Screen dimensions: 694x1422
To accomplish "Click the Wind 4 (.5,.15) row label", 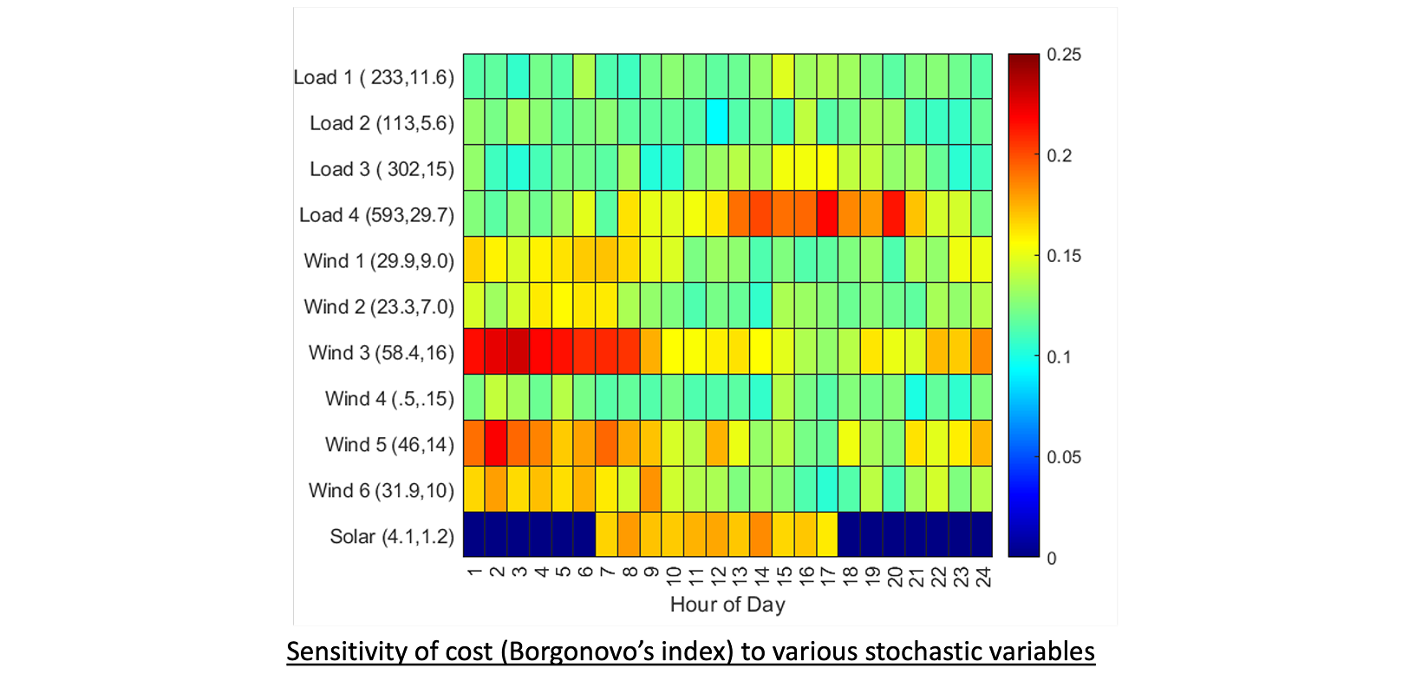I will coord(389,399).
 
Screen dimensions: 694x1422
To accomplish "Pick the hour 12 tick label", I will coord(717,576).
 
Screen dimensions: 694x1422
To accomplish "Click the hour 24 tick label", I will coord(982,576).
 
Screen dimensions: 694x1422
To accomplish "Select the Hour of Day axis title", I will coord(727,605).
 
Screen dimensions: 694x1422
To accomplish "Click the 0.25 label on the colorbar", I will coord(1064,55).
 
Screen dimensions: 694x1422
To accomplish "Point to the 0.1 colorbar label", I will coord(1059,357).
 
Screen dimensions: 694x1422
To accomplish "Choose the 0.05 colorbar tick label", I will coord(1064,457).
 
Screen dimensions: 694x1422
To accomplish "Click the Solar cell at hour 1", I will coord(474,534).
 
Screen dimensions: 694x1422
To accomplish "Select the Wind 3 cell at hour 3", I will coord(519,351).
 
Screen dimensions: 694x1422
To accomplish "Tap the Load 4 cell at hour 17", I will coord(827,213).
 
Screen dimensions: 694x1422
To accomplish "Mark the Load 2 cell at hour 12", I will coord(717,121).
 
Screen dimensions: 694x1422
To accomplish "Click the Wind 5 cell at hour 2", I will coord(496,443).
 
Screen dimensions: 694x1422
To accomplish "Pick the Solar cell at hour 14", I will coord(761,534).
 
